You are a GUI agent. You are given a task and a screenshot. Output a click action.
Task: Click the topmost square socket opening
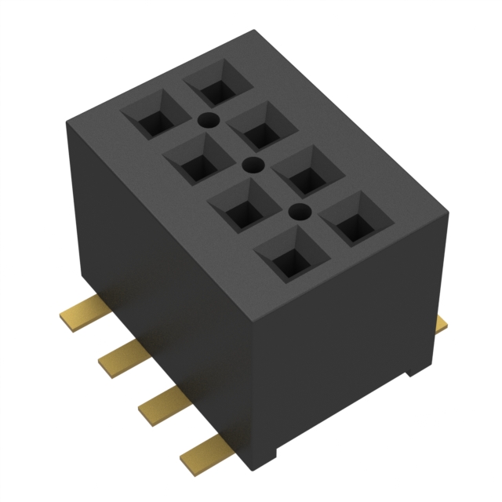coord(213,84)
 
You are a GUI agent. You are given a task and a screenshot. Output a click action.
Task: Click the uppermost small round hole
coord(208,120)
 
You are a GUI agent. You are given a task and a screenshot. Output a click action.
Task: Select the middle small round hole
coord(253,165)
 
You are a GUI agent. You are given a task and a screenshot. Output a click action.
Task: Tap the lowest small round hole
coord(298,210)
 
